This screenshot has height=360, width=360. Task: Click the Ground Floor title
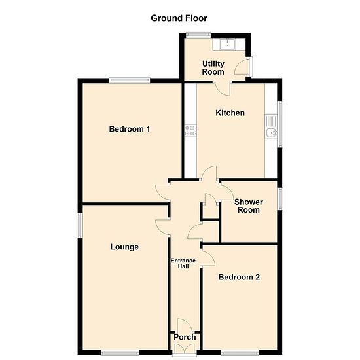(x=179, y=18)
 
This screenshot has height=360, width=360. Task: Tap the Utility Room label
(x=213, y=67)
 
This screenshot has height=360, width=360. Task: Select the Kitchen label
(x=230, y=113)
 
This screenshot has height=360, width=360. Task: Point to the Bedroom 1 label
(x=130, y=129)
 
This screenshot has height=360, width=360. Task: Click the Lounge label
(x=124, y=247)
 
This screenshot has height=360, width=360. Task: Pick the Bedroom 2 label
(x=239, y=277)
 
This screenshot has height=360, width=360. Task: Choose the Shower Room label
(x=249, y=206)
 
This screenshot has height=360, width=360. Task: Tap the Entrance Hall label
(x=183, y=264)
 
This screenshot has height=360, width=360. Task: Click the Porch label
(x=185, y=337)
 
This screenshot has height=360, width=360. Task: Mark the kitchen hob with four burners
(x=190, y=131)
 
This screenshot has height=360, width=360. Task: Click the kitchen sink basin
(x=271, y=132)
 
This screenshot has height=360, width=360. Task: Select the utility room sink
(x=227, y=45)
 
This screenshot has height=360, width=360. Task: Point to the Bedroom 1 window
(x=130, y=81)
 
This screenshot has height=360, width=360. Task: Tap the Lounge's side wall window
(x=79, y=225)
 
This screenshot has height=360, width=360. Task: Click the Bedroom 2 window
(x=240, y=352)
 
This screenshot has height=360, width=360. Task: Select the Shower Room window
(x=280, y=199)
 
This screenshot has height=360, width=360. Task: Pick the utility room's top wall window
(x=198, y=35)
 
